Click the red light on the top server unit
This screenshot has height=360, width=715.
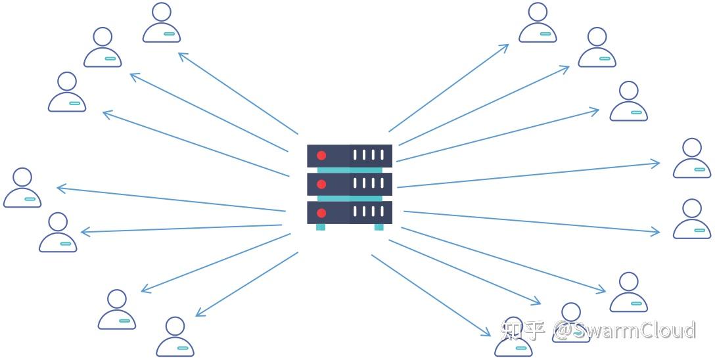pos(321,156)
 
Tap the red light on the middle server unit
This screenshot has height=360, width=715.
pos(321,184)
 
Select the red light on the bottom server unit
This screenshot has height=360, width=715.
pos(321,213)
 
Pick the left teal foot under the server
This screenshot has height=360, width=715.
pos(321,227)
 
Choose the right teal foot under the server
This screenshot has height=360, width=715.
pos(379,227)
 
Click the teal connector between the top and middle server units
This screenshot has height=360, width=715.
pos(350,170)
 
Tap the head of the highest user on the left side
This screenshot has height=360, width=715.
pos(161,12)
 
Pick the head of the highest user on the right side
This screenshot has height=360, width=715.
pos(538,12)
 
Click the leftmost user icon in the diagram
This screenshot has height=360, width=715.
pos(22,188)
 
